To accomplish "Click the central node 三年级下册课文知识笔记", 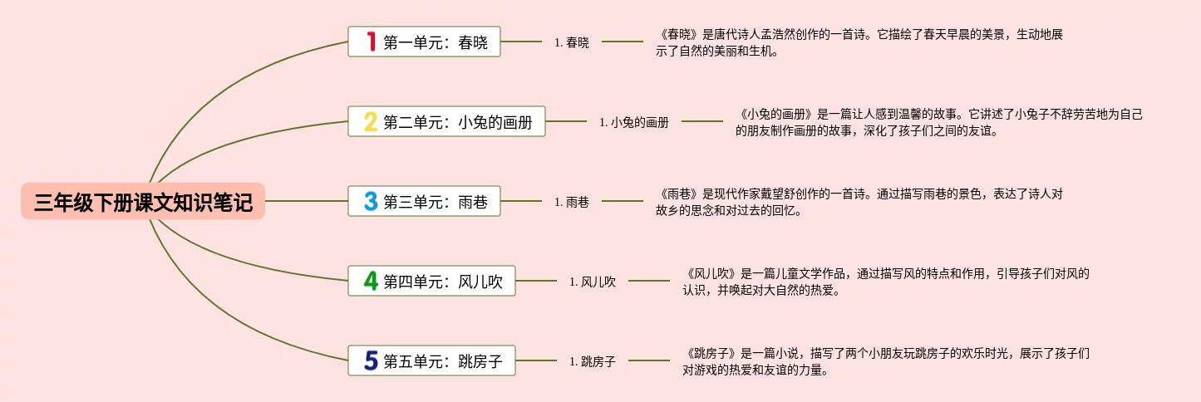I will point(143,202).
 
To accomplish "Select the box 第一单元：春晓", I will point(425,42).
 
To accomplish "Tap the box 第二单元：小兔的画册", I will point(447,122).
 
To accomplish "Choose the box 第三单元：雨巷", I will point(425,201).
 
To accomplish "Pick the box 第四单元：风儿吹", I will point(432,281).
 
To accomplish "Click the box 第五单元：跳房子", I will point(432,361).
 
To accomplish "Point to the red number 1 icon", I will point(372,42).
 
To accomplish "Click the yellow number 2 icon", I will point(371,122).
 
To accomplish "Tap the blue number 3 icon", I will point(371,201).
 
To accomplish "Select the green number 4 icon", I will point(371,281).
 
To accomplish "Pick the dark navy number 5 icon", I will point(371,361).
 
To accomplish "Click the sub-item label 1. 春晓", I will point(572,42).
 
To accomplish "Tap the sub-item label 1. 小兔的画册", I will point(634,122).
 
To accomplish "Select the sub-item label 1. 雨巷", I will point(572,202).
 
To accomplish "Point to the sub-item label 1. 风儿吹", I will point(593,282).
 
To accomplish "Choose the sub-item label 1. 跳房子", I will point(593,361).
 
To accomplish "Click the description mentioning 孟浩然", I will point(859,42).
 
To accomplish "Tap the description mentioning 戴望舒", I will point(859,202).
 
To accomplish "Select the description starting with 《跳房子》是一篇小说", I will point(886,361).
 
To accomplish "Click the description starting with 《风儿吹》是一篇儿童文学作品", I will point(886,282).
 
